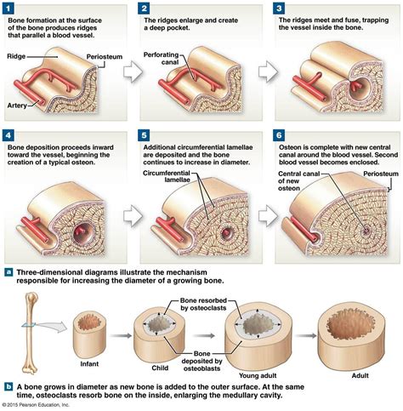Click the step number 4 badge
11,135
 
